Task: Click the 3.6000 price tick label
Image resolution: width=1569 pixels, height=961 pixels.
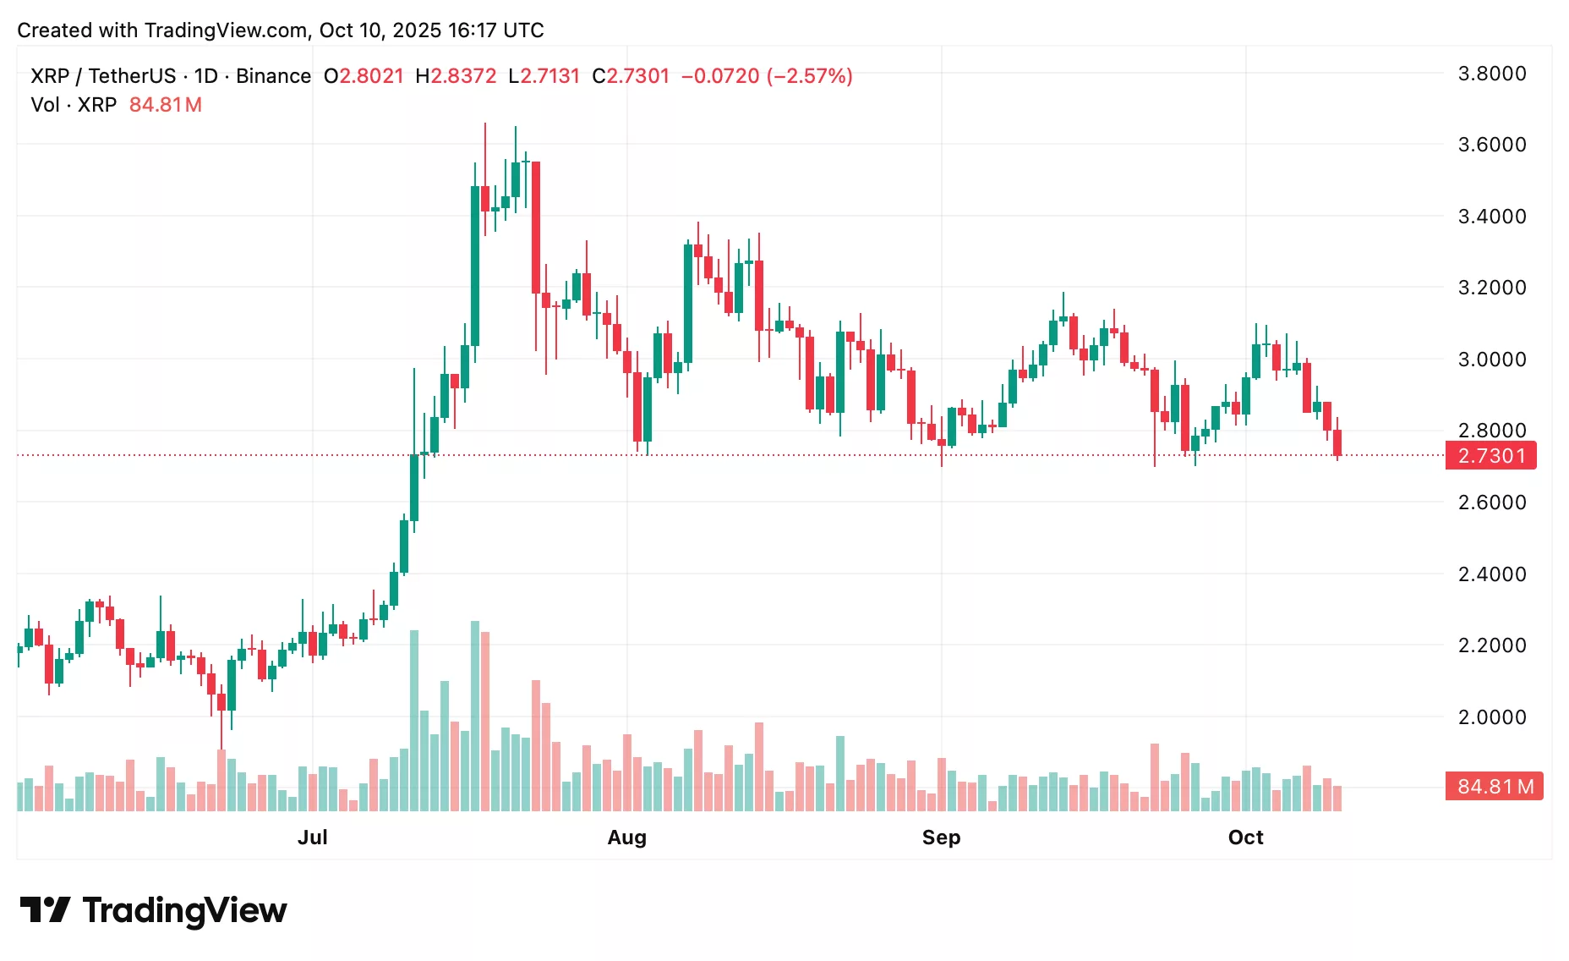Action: pos(1491,145)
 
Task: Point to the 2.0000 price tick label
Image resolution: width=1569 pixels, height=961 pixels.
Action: pos(1491,717)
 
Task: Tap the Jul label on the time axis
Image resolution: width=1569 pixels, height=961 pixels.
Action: pos(312,837)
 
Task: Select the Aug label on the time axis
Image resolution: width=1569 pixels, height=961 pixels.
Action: pos(626,837)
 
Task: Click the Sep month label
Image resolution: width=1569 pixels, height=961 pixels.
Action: pos(941,837)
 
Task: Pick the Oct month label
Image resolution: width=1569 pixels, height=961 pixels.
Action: pos(1245,837)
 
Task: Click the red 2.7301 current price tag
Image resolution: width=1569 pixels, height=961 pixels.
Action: pos(1491,456)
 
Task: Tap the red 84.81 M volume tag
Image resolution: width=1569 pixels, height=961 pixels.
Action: pos(1495,787)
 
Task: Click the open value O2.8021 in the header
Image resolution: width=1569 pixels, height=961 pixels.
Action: pos(364,76)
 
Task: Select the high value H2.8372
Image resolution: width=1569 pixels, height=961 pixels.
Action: pos(456,76)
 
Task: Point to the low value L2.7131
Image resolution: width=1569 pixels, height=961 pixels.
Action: pos(544,76)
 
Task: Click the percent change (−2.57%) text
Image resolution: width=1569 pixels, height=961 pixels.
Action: pos(809,76)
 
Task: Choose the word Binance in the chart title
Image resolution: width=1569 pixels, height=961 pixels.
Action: pos(273,76)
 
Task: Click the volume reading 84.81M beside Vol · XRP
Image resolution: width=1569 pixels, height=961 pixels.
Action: pos(166,105)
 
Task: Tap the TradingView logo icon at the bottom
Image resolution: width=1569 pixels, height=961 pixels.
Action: pos(44,910)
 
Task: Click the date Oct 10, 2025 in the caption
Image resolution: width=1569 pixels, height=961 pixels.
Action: pos(380,30)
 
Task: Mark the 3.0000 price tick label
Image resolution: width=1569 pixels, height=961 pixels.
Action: pos(1491,360)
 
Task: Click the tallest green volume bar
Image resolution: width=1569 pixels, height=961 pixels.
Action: pos(475,716)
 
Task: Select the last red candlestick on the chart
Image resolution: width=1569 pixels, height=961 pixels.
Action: pos(1337,442)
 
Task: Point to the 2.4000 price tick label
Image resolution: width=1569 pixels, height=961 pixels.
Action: pos(1491,574)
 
